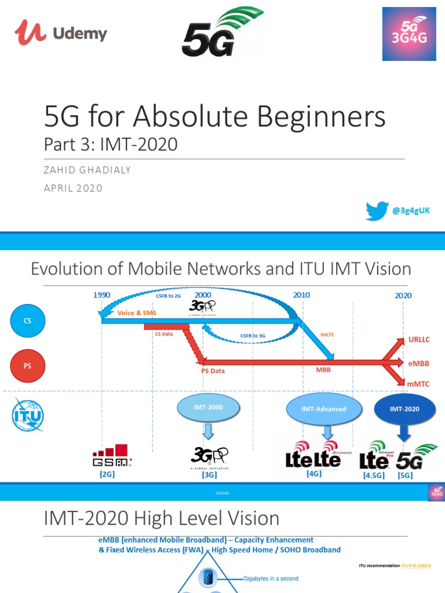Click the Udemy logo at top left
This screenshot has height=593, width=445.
point(61,32)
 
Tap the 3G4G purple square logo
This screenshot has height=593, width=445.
point(409,34)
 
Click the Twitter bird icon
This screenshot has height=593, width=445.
point(377,211)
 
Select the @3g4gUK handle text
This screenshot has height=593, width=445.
point(411,211)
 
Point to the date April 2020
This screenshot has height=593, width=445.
point(73,188)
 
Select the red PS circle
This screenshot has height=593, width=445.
point(27,366)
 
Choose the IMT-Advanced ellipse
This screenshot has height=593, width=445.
point(324,409)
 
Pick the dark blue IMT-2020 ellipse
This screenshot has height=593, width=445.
point(404,409)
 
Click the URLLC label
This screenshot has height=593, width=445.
point(419,340)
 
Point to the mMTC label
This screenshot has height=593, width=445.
point(419,383)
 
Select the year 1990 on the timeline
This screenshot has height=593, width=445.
point(101,295)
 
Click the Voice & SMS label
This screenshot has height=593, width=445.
point(137,313)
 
